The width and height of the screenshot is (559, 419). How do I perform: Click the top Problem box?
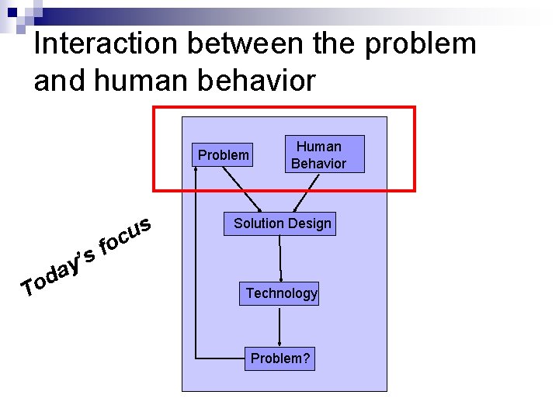(x=224, y=155)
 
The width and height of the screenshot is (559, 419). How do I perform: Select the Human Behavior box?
(x=318, y=155)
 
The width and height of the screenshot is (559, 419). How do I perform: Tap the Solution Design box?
(x=283, y=223)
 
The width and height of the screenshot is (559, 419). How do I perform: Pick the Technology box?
(x=281, y=293)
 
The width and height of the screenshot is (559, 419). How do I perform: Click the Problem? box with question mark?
(x=279, y=358)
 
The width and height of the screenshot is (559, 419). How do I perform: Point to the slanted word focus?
(x=127, y=236)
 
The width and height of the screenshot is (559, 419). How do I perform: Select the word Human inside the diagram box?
(x=319, y=146)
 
